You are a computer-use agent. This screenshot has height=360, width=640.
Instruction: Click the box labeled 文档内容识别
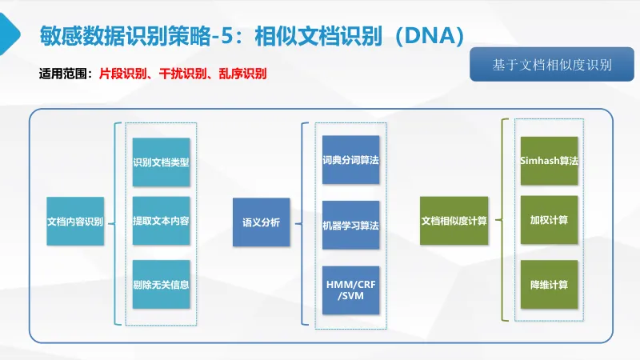(x=75, y=221)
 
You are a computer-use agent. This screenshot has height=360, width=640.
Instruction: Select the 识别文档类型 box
(x=161, y=162)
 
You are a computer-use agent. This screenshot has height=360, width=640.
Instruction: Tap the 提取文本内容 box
(x=161, y=221)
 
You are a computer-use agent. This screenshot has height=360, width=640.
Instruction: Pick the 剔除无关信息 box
(x=161, y=283)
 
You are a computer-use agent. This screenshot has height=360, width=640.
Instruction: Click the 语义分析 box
(x=261, y=222)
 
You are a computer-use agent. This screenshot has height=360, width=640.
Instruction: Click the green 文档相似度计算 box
(x=454, y=221)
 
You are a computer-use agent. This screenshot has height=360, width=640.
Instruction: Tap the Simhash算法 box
(x=549, y=161)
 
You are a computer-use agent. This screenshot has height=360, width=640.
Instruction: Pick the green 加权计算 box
(x=549, y=219)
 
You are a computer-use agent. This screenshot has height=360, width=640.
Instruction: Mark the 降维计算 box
(x=549, y=284)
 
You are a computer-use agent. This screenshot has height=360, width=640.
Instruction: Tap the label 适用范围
(x=64, y=74)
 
